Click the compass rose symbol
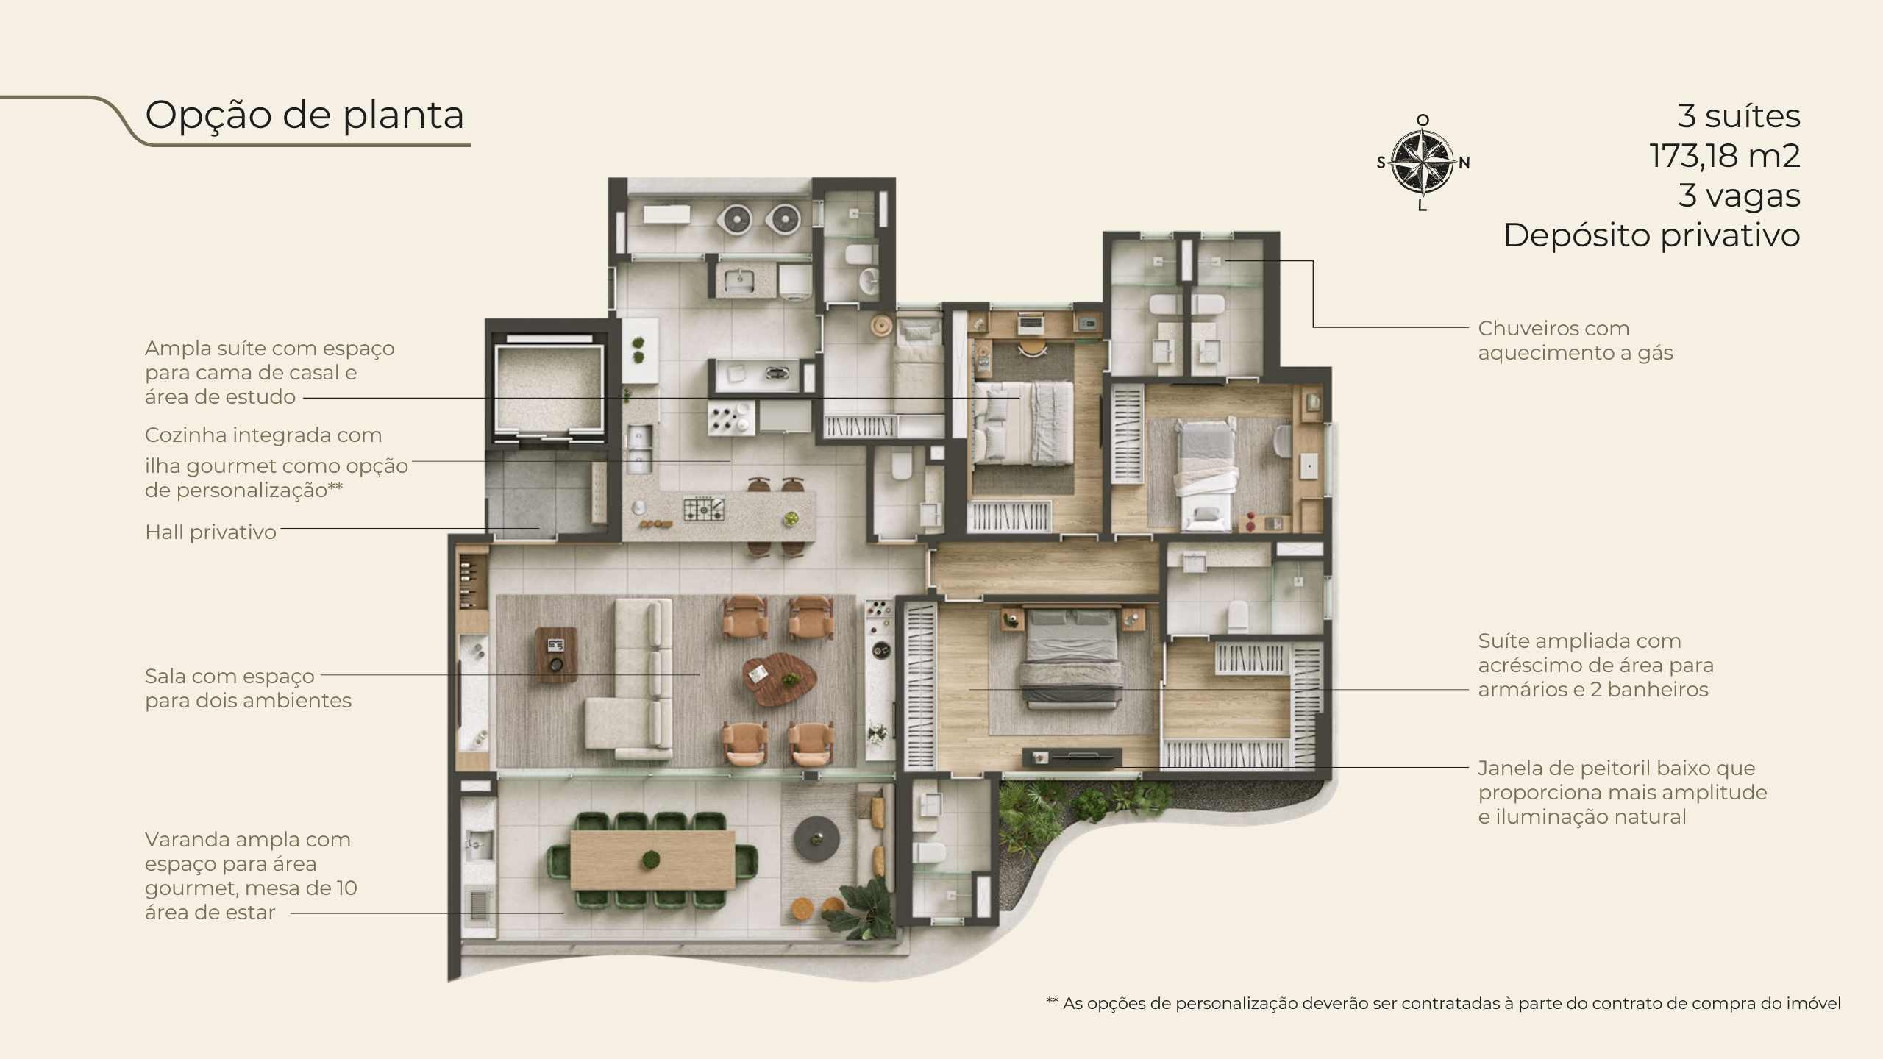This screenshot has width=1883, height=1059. click(1423, 163)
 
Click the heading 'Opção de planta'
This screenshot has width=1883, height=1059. click(305, 115)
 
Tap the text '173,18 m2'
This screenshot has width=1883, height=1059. click(1725, 156)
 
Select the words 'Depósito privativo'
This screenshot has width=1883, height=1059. click(1651, 236)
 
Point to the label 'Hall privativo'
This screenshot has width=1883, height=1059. click(210, 532)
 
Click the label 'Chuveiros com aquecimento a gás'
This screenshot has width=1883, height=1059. click(1576, 340)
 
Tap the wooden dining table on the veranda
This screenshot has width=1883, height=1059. click(652, 859)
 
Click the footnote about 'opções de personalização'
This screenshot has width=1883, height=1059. click(1444, 1003)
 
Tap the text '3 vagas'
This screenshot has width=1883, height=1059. click(1740, 196)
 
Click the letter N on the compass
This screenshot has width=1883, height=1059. click(1464, 163)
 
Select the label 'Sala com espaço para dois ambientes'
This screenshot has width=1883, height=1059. click(248, 688)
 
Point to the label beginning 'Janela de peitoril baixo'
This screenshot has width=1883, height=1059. click(1623, 792)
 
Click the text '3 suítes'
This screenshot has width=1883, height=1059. click(1739, 116)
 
